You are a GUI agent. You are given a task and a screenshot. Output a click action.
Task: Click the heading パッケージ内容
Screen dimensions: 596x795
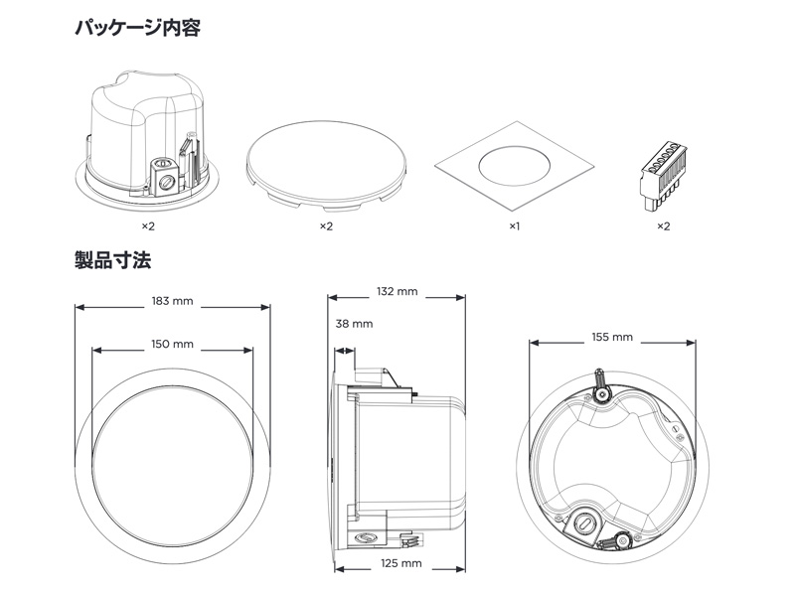click(x=137, y=28)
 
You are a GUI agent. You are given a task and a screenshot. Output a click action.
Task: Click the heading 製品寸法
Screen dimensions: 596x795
click(x=112, y=261)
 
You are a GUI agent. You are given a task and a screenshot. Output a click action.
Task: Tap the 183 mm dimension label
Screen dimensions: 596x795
click(x=172, y=300)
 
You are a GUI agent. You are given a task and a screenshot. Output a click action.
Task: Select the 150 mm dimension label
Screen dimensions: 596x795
click(x=172, y=344)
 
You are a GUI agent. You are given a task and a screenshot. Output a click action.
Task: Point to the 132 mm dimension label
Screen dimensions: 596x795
click(x=397, y=292)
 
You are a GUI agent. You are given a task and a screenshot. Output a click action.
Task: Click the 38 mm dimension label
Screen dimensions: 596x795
click(x=354, y=324)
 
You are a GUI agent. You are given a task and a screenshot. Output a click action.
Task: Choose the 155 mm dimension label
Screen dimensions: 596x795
click(x=611, y=337)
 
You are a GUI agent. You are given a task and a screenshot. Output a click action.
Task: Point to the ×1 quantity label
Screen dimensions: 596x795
click(x=515, y=226)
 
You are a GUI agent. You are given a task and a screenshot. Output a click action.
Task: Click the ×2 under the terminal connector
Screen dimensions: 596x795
click(x=663, y=226)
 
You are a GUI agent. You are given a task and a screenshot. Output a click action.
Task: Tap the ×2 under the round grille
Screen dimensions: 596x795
click(x=326, y=226)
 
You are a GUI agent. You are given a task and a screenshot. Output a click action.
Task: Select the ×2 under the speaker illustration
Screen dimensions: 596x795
click(x=149, y=226)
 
